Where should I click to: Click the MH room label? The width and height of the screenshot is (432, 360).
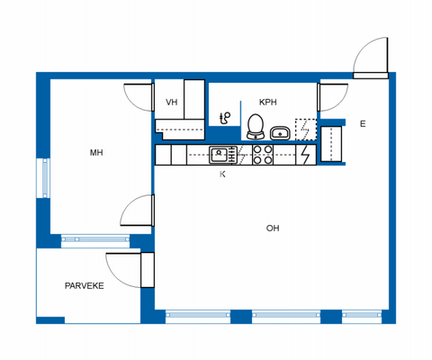pos(95,153)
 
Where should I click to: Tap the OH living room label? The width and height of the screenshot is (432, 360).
pos(272,229)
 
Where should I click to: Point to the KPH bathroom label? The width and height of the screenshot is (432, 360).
pos(268,102)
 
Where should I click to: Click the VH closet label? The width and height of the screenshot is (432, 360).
pos(171,102)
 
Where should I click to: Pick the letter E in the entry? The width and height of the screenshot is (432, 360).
pos(363,123)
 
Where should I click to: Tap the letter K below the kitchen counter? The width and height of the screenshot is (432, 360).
pos(222,174)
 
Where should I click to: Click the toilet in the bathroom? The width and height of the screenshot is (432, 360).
pos(255,126)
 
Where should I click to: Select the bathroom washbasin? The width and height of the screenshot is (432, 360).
pos(280,133)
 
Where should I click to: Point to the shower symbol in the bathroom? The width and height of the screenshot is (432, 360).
pos(225,117)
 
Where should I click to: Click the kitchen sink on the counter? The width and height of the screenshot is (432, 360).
pos(220,155)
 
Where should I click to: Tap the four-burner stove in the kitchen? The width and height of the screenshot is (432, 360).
pos(263,155)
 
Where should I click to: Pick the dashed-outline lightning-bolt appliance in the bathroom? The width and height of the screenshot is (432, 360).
pos(305,130)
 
